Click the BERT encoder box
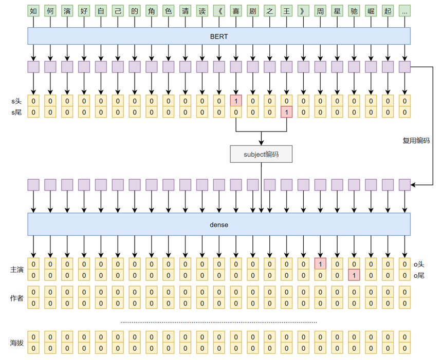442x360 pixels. click(218, 35)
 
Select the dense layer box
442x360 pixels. click(218, 224)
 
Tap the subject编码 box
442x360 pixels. click(261, 154)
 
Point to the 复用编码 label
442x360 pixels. click(416, 140)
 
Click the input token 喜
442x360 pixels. click(236, 11)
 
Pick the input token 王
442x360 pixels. click(286, 11)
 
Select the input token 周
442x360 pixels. click(320, 11)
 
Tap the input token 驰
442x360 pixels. click(354, 11)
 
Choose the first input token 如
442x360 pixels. click(33, 11)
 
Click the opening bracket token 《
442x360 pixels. click(219, 11)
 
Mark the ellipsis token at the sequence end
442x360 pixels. click(404, 11)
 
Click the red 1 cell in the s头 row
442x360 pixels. click(236, 101)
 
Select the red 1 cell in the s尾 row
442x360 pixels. click(286, 112)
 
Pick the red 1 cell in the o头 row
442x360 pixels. click(320, 264)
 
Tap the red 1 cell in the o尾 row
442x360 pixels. click(354, 275)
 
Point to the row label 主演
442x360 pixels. click(17, 270)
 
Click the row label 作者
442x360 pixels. click(17, 298)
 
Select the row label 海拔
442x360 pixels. click(17, 343)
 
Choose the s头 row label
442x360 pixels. click(16, 101)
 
